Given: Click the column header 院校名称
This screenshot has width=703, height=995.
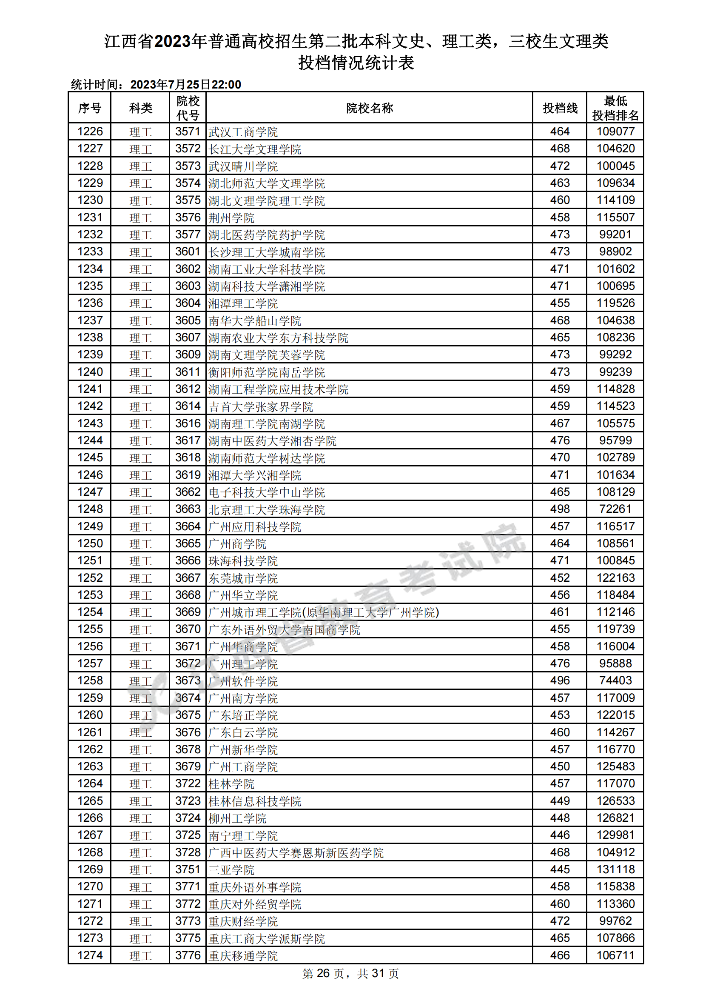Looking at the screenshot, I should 369,108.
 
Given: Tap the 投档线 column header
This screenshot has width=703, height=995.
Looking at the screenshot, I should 560,108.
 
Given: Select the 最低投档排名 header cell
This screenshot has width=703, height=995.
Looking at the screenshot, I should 615,108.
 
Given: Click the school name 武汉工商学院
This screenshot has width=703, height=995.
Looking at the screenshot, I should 243,132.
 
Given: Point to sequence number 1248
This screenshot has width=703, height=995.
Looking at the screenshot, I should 90,509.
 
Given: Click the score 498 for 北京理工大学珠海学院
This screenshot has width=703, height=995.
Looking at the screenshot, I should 560,509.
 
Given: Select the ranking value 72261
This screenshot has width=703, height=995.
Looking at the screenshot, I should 615,509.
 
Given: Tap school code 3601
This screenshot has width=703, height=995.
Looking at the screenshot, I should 188,252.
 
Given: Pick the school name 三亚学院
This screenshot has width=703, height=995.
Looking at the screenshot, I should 231,870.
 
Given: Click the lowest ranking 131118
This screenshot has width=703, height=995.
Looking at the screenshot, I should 615,870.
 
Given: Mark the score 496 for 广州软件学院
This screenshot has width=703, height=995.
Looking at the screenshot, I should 560,681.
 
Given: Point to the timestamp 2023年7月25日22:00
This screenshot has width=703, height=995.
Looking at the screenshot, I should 185,85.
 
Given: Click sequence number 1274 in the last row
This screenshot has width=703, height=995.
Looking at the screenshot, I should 90,955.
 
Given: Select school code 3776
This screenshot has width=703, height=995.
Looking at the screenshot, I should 188,955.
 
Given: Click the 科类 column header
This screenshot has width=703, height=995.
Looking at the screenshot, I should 141,108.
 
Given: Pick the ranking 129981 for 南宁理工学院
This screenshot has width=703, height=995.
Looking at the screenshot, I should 615,835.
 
